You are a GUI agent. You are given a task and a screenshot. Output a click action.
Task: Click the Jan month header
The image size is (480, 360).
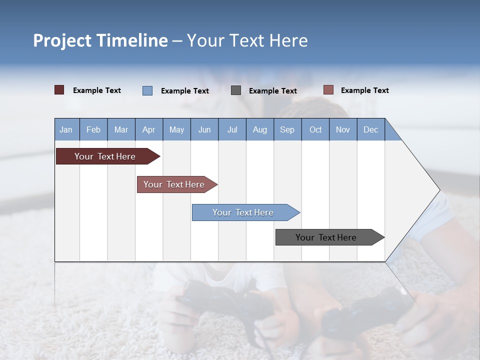(x=66, y=129)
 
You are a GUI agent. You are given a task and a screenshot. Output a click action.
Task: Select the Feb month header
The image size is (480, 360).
(x=93, y=129)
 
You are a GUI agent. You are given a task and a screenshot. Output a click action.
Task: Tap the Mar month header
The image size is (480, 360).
(x=121, y=129)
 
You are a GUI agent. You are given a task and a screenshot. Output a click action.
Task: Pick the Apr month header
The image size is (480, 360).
(x=149, y=129)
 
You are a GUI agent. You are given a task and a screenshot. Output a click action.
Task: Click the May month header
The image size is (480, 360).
(x=176, y=129)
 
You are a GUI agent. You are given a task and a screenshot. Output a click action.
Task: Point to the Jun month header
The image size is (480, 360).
(x=204, y=129)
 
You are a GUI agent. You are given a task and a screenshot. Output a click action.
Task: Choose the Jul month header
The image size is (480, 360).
(x=232, y=129)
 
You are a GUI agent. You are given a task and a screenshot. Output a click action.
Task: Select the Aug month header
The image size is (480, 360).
(x=260, y=129)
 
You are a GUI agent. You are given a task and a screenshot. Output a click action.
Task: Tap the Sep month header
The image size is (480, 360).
(x=287, y=129)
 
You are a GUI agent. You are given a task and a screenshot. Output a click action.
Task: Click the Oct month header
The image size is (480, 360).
(x=315, y=129)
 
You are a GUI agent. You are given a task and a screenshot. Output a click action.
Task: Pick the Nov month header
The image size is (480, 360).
(x=343, y=129)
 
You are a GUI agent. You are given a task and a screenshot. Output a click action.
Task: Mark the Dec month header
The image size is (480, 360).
(x=371, y=129)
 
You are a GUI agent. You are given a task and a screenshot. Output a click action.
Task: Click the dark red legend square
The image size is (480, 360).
(x=59, y=90)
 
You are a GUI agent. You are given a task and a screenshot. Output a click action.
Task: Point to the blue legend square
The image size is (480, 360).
(x=147, y=90)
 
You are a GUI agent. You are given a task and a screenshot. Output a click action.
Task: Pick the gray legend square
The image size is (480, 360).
(x=236, y=90)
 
